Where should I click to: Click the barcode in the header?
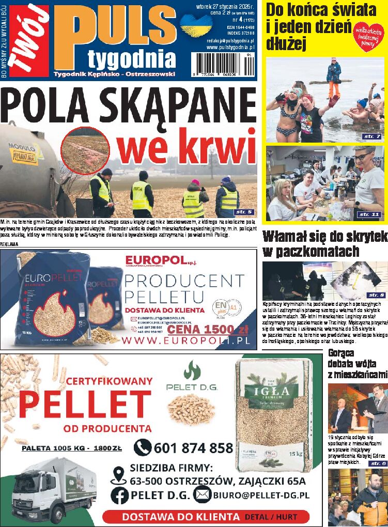[x=222, y=65]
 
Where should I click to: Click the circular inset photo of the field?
[x=85, y=150]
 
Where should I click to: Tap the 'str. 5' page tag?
[x=243, y=212]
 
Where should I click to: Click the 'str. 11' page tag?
[x=369, y=214]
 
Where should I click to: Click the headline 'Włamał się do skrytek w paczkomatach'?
[x=324, y=244]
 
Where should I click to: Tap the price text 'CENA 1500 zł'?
[x=208, y=330]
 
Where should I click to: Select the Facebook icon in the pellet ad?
[x=119, y=495]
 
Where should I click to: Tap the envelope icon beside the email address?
[x=202, y=495]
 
